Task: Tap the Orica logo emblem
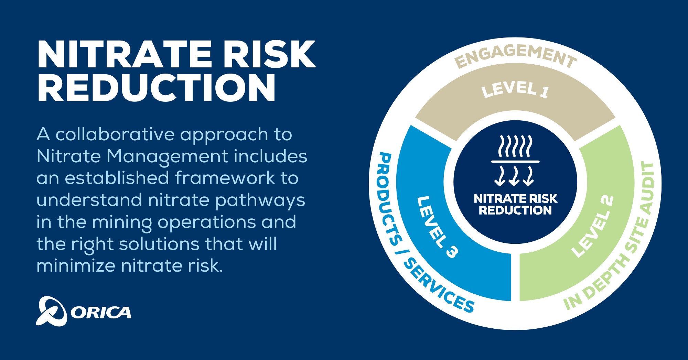pyautogui.click(x=51, y=311)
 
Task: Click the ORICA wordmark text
pyautogui.click(x=101, y=313)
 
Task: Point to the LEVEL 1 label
pyautogui.click(x=515, y=89)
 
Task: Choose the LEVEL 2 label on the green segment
pyautogui.click(x=592, y=227)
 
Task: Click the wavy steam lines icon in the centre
pyautogui.click(x=515, y=146)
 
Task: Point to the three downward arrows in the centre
pyautogui.click(x=514, y=176)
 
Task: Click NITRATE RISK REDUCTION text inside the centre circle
pyautogui.click(x=515, y=204)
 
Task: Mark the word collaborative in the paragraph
pyautogui.click(x=115, y=134)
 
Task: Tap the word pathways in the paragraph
pyautogui.click(x=260, y=200)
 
